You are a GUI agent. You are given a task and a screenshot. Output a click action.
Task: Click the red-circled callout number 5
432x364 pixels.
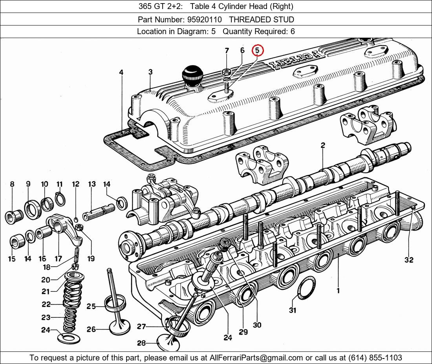pyautogui.click(x=257, y=50)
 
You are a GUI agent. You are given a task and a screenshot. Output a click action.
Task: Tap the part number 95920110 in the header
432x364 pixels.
pyautogui.click(x=204, y=20)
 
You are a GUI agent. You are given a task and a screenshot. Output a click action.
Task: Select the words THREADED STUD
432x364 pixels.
pyautogui.click(x=262, y=20)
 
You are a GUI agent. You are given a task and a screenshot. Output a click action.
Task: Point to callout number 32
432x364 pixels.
pyautogui.click(x=409, y=260)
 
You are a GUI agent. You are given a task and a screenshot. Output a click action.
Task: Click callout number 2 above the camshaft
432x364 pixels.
pyautogui.click(x=322, y=145)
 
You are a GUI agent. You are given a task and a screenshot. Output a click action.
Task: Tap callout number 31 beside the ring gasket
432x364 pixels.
pyautogui.click(x=292, y=310)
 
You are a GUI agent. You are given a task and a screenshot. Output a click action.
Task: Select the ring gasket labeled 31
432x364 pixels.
pyautogui.click(x=306, y=289)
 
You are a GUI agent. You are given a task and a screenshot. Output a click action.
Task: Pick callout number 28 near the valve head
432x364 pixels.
pyautogui.click(x=141, y=343)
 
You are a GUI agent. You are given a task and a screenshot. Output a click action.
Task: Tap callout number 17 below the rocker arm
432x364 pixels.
pyautogui.click(x=58, y=258)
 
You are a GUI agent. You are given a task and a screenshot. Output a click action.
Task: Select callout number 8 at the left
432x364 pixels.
pyautogui.click(x=12, y=184)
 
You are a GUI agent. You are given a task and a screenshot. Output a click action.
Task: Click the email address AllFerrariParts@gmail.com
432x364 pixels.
pyautogui.click(x=256, y=358)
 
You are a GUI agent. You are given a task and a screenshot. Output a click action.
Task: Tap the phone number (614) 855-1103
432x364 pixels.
pyautogui.click(x=375, y=358)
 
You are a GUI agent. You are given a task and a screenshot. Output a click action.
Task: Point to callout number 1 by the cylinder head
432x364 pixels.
pyautogui.click(x=338, y=291)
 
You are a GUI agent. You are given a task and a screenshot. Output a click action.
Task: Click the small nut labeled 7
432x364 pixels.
pyautogui.click(x=226, y=72)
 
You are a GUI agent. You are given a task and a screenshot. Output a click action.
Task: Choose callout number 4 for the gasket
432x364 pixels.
pyautogui.click(x=121, y=72)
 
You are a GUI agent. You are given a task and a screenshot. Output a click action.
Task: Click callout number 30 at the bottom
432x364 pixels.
pyautogui.click(x=257, y=325)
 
